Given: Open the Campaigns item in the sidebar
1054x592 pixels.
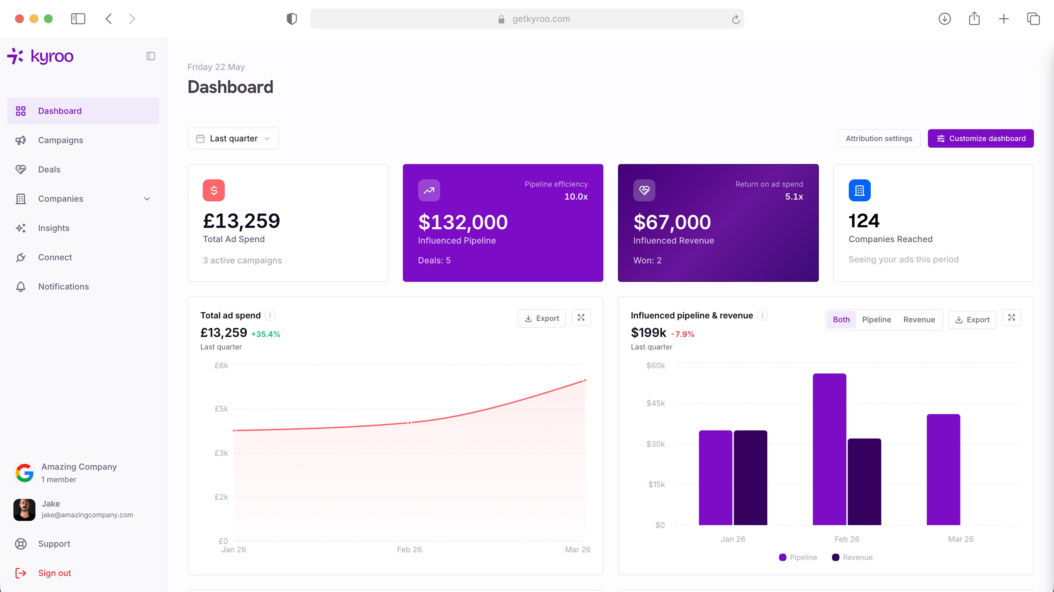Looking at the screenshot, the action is pos(61,140).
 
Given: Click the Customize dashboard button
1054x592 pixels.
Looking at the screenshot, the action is pos(980,139).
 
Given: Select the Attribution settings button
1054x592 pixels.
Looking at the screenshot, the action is pos(879,139).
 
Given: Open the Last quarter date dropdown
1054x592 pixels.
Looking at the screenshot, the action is pos(233,139).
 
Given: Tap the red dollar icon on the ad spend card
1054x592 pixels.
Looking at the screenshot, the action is pos(214,190).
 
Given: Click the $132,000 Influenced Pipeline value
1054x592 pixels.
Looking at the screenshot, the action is pos(463,222).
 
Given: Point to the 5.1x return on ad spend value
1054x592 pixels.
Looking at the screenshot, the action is pos(794,197).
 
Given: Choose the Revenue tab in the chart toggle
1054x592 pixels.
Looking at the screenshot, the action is pos(919,320).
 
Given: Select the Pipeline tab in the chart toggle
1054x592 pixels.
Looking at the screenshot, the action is pos(877,320).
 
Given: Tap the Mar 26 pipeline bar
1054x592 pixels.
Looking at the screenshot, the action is pos(943,469).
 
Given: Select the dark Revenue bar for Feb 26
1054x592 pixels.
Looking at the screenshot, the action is pos(864,482).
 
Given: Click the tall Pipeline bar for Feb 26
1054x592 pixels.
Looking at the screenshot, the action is pos(829,449).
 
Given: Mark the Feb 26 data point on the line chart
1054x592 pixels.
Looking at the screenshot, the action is pos(409,423).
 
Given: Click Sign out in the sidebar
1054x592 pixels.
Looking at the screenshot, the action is pos(54,573).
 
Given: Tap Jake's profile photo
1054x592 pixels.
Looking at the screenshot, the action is pos(24,510).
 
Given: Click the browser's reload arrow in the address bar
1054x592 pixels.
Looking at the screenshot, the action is pos(736,19).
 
